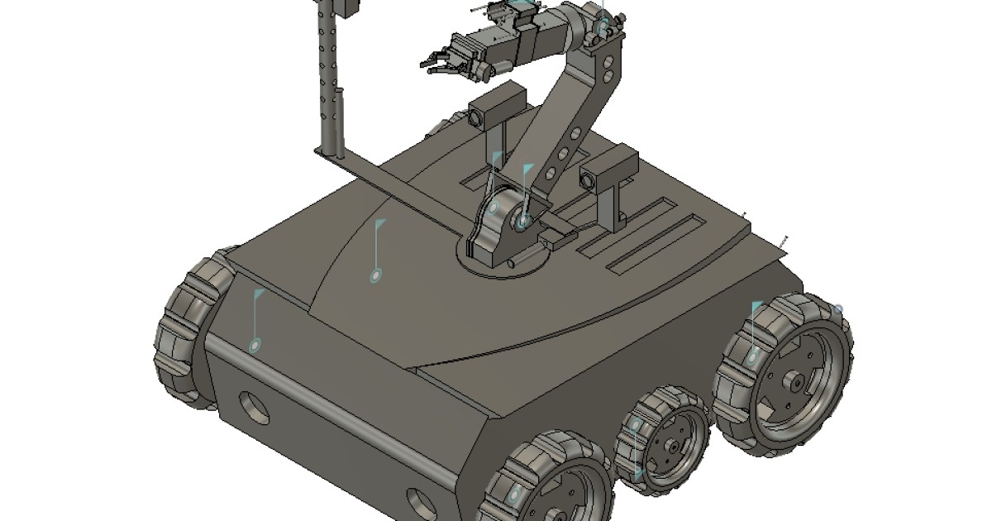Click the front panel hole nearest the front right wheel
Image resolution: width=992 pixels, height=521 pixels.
421,499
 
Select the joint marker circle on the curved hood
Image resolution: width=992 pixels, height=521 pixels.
376,275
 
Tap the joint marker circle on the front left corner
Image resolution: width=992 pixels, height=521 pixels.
255,344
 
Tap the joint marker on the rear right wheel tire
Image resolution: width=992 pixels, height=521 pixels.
752,357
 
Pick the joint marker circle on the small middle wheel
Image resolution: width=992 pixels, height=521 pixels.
636,425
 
